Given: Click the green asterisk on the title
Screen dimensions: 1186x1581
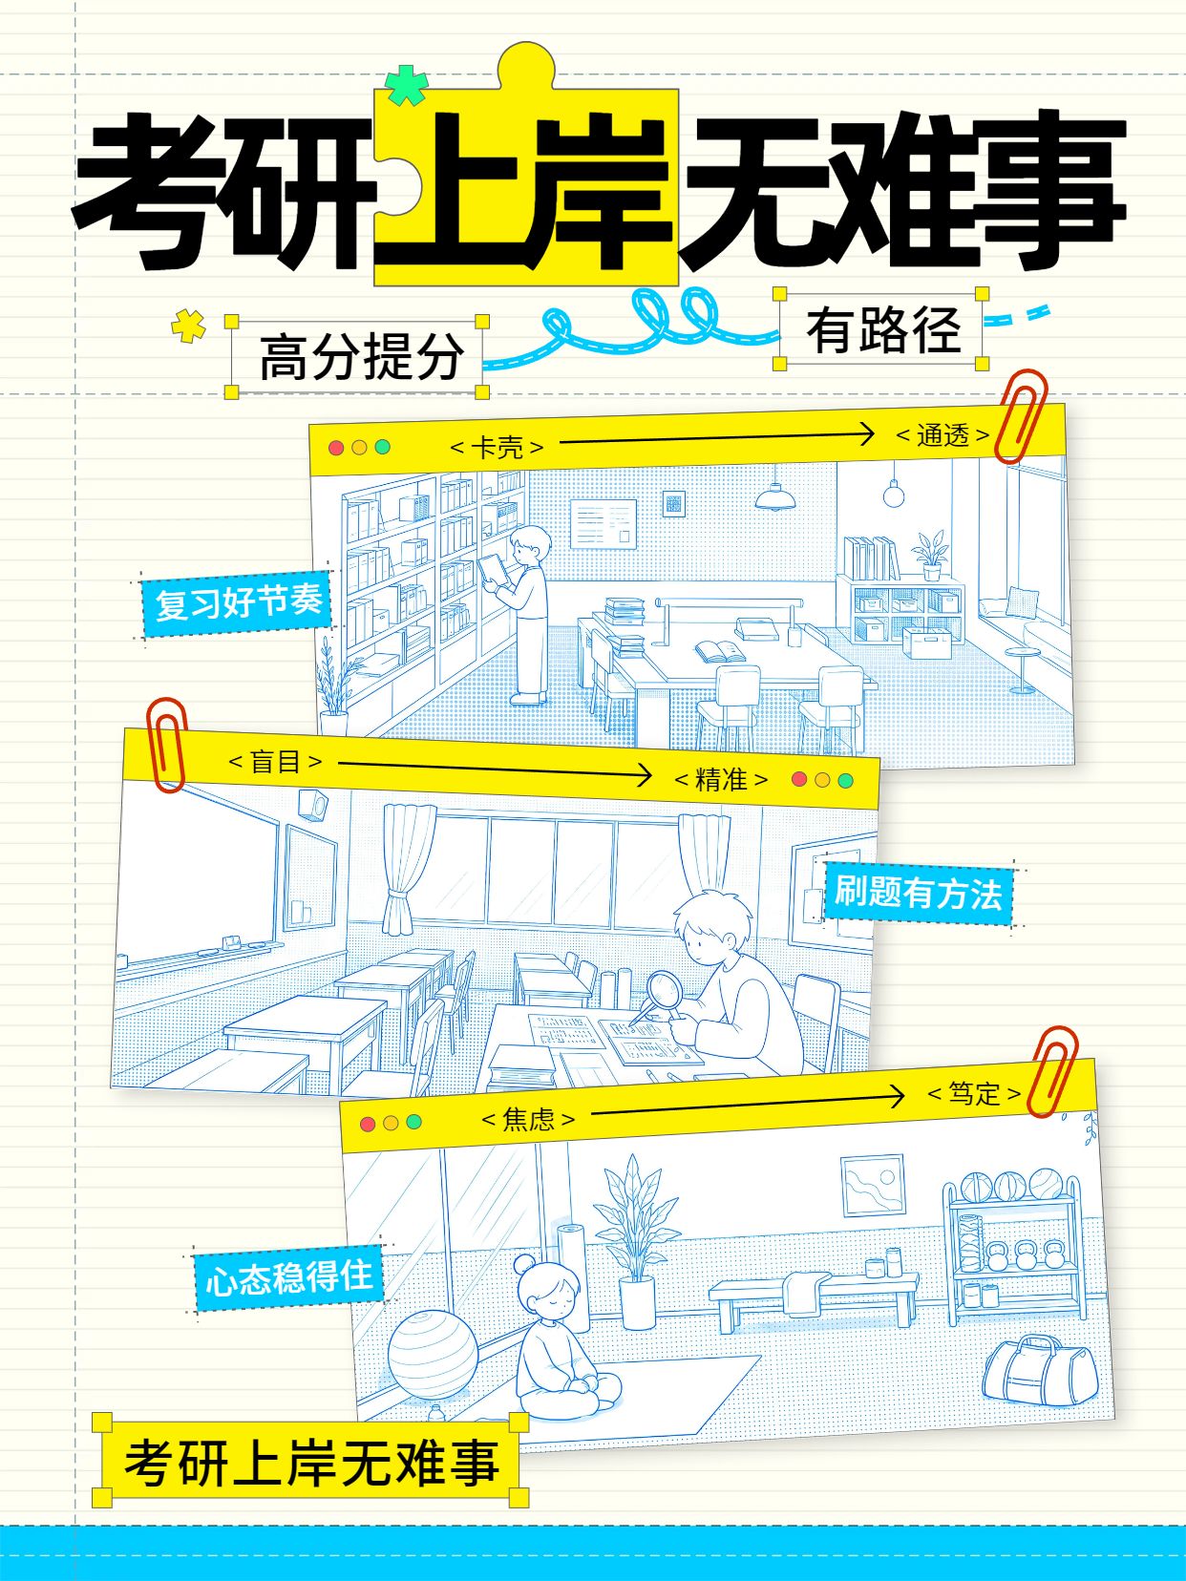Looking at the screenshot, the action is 407,86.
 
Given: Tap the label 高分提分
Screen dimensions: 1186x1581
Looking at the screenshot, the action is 361,356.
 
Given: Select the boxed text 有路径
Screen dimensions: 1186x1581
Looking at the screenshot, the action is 883,330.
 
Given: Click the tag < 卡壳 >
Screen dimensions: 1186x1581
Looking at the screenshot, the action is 497,448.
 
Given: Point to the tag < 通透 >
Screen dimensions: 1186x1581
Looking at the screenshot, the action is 942,435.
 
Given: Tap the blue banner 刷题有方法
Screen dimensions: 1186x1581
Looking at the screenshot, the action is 918,894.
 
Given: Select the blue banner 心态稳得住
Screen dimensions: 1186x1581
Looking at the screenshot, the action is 288,1277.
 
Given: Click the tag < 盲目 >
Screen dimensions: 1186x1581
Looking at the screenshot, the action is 275,761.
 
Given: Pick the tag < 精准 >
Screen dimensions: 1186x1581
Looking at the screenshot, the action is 721,779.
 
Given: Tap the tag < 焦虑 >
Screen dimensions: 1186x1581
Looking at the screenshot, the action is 528,1119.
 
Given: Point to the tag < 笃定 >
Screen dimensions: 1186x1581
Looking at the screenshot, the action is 974,1093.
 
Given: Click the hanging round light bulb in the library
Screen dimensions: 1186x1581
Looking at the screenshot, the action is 893,494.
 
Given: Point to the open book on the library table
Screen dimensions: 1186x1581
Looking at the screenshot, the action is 720,651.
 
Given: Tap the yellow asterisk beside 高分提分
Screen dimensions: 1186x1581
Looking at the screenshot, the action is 189,325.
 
